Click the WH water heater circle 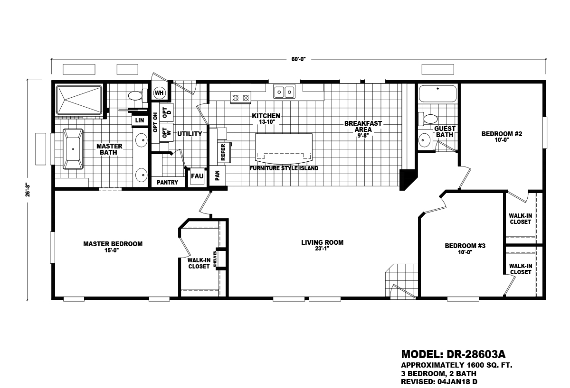pyautogui.click(x=159, y=93)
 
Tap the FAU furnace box pyautogui.click(x=197, y=176)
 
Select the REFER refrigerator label pyautogui.click(x=223, y=152)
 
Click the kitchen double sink pyautogui.click(x=284, y=91)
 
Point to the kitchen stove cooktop pyautogui.click(x=240, y=98)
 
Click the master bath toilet pyautogui.click(x=138, y=95)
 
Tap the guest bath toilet pyautogui.click(x=428, y=119)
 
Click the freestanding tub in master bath pyautogui.click(x=73, y=149)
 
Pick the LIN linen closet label pyautogui.click(x=140, y=120)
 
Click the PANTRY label pyautogui.click(x=167, y=183)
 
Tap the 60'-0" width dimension pyautogui.click(x=298, y=59)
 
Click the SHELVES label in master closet pyautogui.click(x=215, y=259)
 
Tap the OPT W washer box pyautogui.click(x=166, y=132)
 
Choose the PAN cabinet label pyautogui.click(x=218, y=176)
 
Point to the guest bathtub pyautogui.click(x=438, y=93)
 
